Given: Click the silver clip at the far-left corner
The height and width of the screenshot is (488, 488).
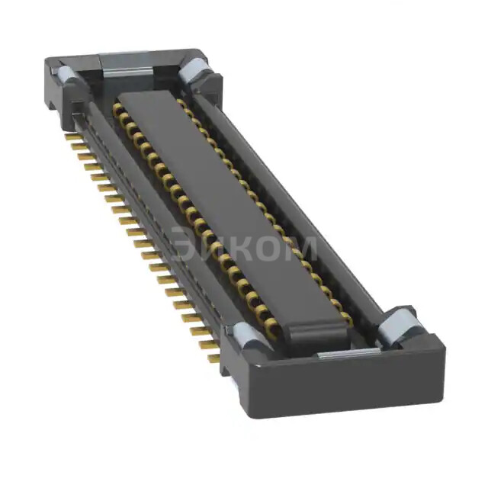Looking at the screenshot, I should click(66, 75).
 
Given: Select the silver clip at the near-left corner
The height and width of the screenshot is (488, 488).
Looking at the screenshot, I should click(246, 335).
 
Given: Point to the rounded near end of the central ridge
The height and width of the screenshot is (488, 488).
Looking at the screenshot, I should click(313, 332).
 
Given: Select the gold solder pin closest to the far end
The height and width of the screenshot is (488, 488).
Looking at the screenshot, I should click(72, 137).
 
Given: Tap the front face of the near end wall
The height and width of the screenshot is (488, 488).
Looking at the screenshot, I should click(343, 389).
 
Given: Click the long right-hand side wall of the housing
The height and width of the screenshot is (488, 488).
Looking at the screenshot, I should click(305, 198).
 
